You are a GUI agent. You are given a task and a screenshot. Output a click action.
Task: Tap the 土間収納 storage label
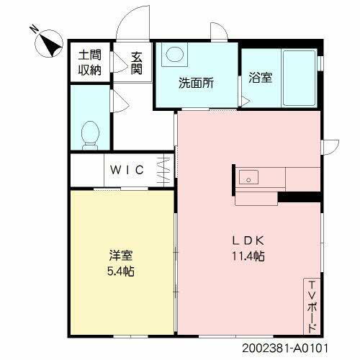coord(91,63)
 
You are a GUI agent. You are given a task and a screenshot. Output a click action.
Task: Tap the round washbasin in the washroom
coord(175,54)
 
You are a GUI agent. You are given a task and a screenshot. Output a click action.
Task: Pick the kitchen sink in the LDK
coord(248,176)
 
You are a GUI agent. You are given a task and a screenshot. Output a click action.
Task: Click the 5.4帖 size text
coord(120,271)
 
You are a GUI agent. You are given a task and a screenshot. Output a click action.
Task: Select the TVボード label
coord(312,305)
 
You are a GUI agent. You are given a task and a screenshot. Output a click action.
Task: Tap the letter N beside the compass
coord(34,30)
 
